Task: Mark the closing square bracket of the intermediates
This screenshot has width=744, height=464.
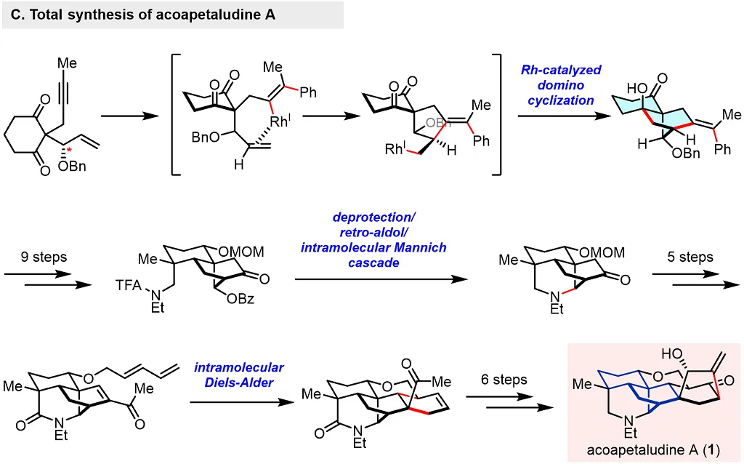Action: (x=498, y=113)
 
